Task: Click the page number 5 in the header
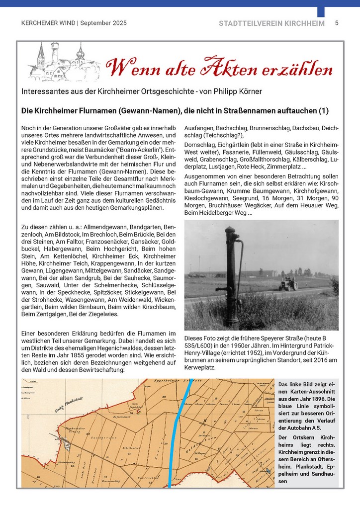[337, 23]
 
